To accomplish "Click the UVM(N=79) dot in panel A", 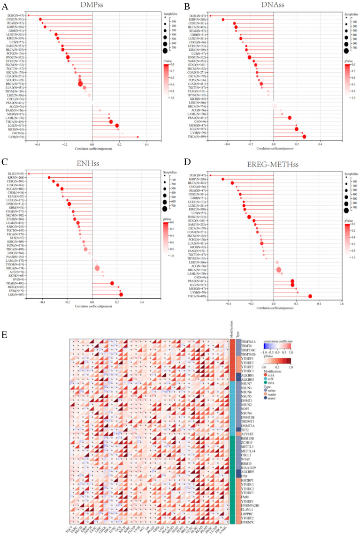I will tap(138, 137).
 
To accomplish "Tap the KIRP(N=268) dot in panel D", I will tap(223, 179).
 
